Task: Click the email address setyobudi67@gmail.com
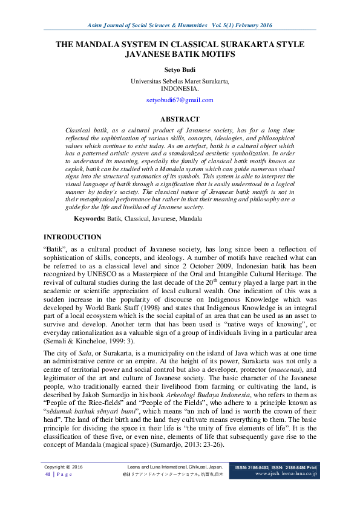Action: point(180,100)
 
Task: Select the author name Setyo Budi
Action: point(180,70)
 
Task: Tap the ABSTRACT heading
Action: point(180,119)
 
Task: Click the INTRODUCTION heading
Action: point(73,237)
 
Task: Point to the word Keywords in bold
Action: point(89,218)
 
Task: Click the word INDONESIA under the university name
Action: point(180,88)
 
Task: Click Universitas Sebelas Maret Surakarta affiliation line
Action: point(180,80)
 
